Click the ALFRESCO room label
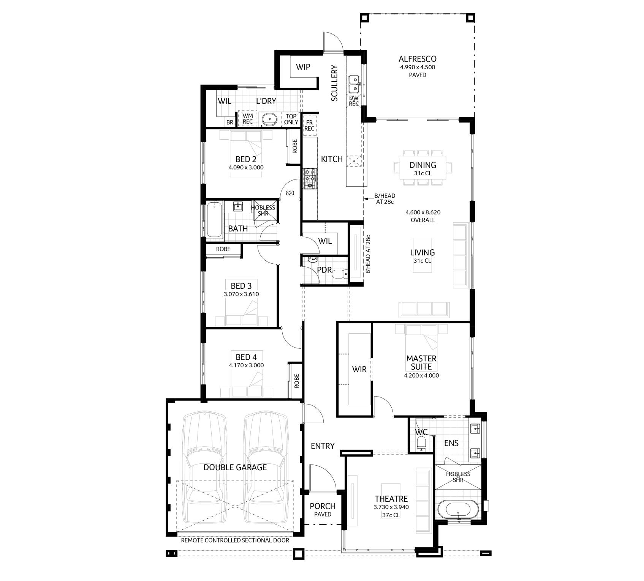click(417, 59)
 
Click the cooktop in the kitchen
click(310, 178)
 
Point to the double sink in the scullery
click(354, 84)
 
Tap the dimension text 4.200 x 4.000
click(421, 376)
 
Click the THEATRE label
click(391, 499)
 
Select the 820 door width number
click(290, 193)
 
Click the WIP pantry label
click(303, 67)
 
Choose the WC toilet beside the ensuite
click(421, 444)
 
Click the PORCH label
click(323, 506)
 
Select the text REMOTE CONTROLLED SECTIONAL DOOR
click(235, 540)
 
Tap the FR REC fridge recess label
click(309, 126)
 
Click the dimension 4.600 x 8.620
click(423, 213)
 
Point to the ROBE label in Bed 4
click(296, 381)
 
